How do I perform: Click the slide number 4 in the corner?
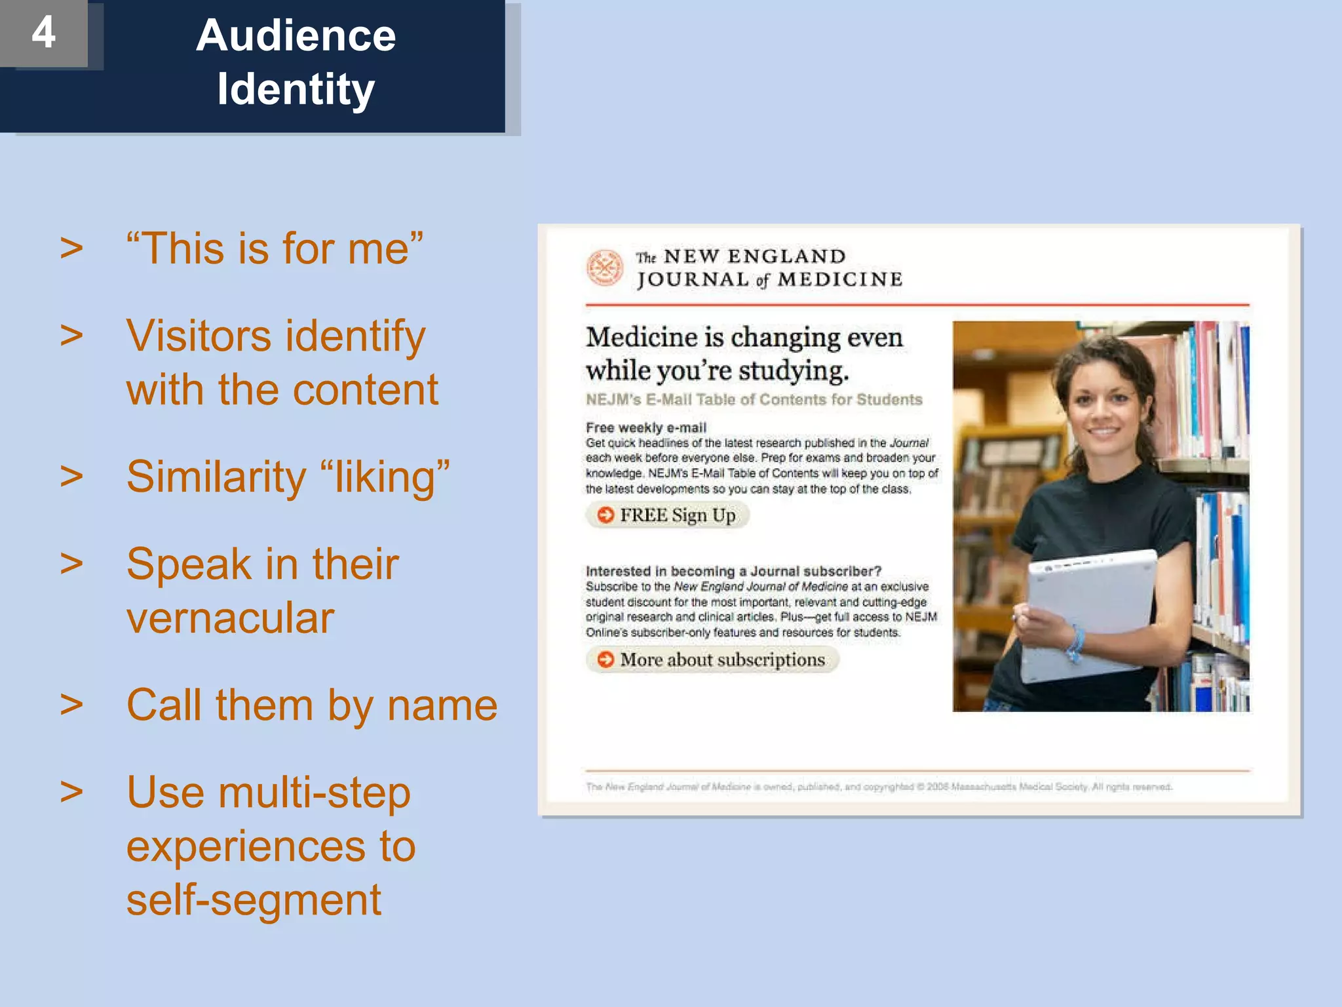pos(43,32)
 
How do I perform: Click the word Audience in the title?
pos(296,35)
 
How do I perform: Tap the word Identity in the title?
pos(296,89)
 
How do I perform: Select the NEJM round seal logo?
pos(604,267)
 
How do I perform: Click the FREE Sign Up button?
pos(668,515)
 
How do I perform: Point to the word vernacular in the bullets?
pos(230,618)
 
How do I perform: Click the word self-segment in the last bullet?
pos(254,899)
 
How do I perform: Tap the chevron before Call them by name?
pos(71,704)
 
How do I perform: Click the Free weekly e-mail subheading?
pos(646,427)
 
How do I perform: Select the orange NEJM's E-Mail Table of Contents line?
pos(754,399)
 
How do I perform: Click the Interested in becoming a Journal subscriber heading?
pos(733,571)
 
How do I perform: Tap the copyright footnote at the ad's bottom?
pos(879,786)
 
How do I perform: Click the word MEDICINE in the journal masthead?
pos(840,280)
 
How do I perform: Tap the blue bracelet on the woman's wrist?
pos(1074,643)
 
